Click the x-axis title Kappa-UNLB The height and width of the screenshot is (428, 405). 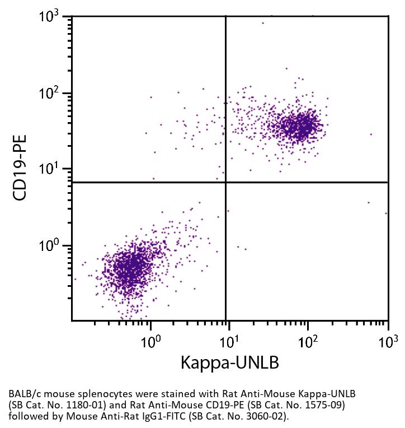(x=229, y=362)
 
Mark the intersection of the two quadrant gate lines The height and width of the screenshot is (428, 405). (x=225, y=182)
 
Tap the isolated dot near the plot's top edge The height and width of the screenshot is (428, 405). (x=263, y=23)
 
